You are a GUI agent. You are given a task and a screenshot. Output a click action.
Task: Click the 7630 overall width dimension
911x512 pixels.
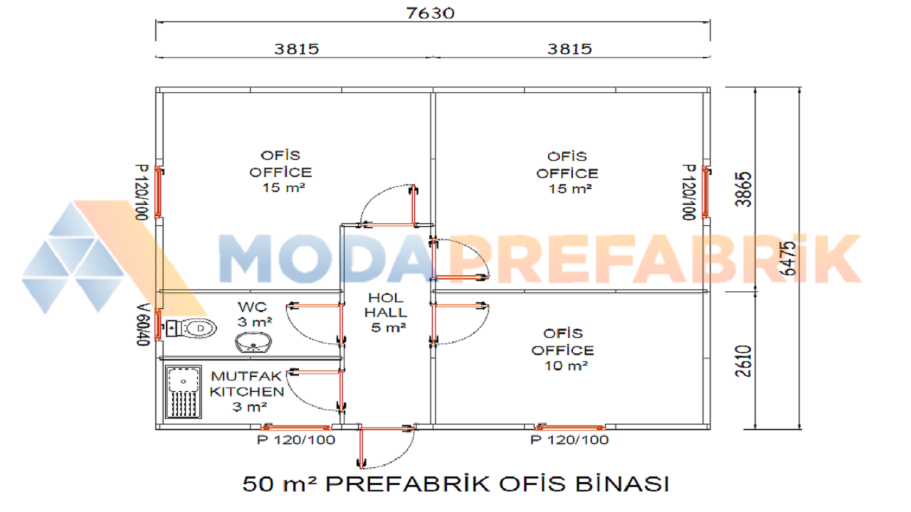431,14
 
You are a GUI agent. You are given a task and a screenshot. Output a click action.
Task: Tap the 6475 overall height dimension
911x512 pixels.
789,258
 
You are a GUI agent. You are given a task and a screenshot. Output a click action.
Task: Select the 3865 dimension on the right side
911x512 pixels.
744,189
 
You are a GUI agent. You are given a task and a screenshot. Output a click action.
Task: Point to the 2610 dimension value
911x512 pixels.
744,361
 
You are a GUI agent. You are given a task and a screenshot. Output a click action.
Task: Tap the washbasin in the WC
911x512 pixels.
253,342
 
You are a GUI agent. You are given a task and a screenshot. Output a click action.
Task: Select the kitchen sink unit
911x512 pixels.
183,392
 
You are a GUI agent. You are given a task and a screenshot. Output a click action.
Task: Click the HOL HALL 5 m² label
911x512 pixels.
386,312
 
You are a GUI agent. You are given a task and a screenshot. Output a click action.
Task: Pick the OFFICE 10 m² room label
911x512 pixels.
563,349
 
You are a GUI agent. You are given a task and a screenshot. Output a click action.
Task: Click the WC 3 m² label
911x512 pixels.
255,314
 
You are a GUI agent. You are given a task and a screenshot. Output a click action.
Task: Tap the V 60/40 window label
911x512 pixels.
143,325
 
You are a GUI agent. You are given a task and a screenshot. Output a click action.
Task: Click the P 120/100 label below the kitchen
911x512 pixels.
296,439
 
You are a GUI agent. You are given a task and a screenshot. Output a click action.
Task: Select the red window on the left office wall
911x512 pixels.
158,192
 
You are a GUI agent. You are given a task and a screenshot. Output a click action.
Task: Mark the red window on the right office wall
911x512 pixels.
705,192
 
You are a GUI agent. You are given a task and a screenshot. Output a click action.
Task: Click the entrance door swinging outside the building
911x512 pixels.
386,447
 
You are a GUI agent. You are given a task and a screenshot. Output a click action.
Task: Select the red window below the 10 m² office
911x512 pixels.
569,427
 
